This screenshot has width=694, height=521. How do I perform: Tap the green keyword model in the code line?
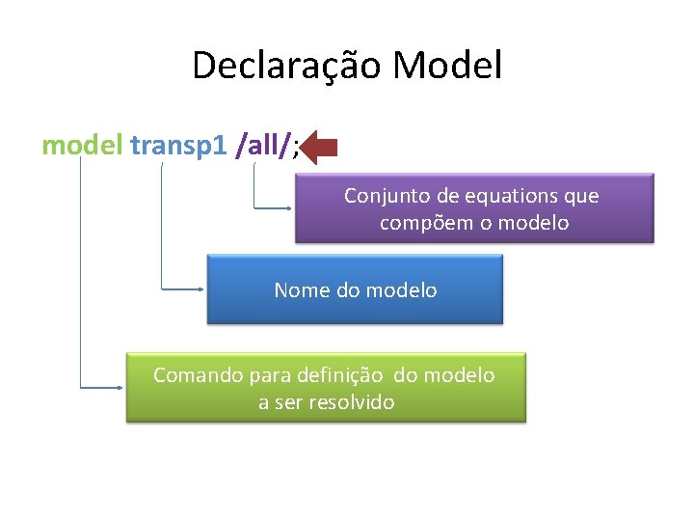point(82,145)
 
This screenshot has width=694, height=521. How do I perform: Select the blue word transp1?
point(178,145)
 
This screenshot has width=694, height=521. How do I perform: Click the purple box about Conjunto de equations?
point(473,207)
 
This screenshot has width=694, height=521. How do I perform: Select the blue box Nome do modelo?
point(355,288)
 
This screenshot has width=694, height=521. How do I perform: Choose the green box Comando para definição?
point(326,387)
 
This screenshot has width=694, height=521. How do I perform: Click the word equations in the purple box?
point(498,196)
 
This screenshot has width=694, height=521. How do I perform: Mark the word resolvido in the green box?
point(352,402)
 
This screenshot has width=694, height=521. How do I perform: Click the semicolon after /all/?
point(297,147)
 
